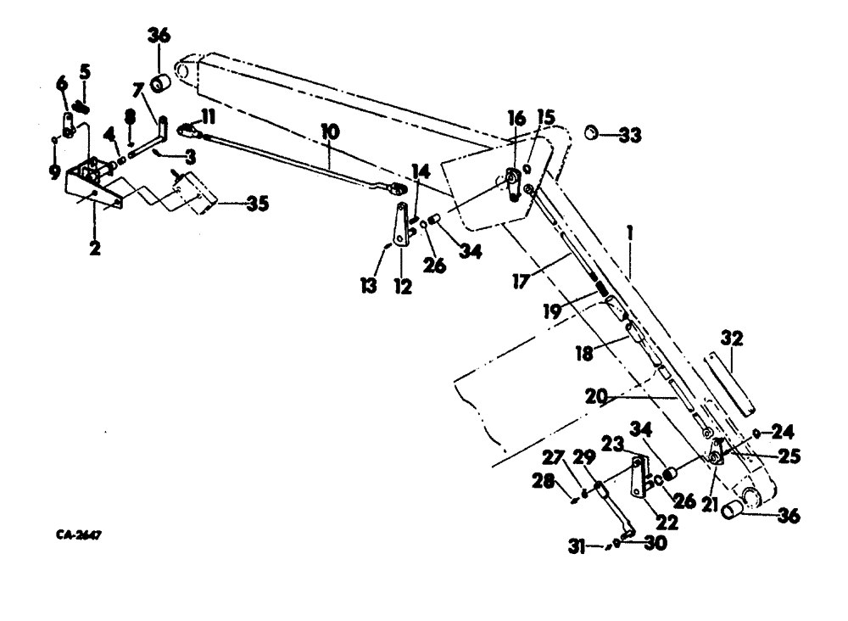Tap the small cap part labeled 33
(x=594, y=132)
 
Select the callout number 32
(x=732, y=339)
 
